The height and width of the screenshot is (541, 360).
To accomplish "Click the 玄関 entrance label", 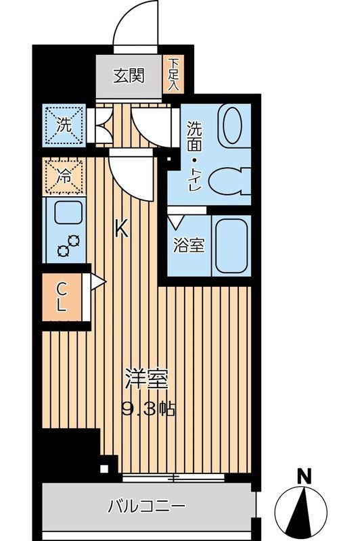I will [x=129, y=76].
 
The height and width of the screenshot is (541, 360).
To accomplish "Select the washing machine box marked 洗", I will [x=64, y=125].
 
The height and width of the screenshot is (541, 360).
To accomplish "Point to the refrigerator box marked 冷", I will [x=64, y=177].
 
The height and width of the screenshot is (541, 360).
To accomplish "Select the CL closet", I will [x=63, y=296].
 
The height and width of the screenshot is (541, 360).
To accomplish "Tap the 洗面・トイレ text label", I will [x=194, y=156].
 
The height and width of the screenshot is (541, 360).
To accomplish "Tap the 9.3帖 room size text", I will [x=149, y=408].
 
